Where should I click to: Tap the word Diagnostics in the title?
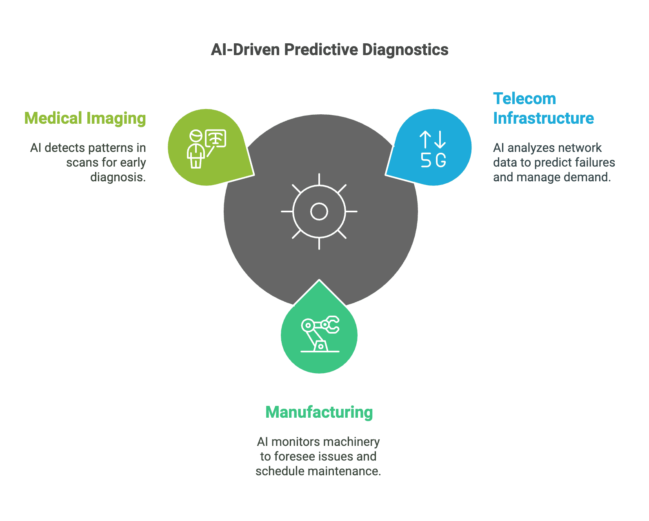pyautogui.click(x=405, y=50)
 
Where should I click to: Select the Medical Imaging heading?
pyautogui.click(x=85, y=118)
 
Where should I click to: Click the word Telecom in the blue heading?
pyautogui.click(x=524, y=99)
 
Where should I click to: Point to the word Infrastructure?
pyautogui.click(x=543, y=118)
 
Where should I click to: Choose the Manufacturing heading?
pyautogui.click(x=319, y=412)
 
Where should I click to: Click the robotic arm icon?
pyautogui.click(x=320, y=334)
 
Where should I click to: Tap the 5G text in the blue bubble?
pyautogui.click(x=433, y=160)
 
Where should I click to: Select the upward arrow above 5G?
pyautogui.click(x=425, y=140)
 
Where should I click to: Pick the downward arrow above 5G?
pyautogui.click(x=440, y=140)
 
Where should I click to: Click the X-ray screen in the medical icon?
pyautogui.click(x=216, y=138)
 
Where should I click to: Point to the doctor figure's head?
pyautogui.click(x=196, y=135)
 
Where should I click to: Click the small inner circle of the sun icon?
pyautogui.click(x=319, y=212)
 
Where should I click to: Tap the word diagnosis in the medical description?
pyautogui.click(x=118, y=177)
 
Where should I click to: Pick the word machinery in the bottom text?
pyautogui.click(x=354, y=442)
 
